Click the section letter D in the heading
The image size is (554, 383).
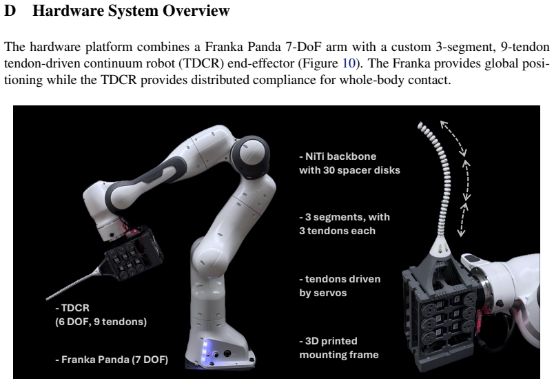(10, 10)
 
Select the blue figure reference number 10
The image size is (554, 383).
(349, 63)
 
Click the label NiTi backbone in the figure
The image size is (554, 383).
(338, 156)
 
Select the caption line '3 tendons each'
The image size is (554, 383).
(338, 231)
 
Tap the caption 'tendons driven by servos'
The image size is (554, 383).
(340, 286)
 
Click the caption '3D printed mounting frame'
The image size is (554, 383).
(339, 348)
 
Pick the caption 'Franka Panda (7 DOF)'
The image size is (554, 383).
(112, 360)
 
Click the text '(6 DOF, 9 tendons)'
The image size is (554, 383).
(101, 322)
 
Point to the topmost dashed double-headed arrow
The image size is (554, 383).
(453, 138)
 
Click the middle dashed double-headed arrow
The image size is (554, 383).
(466, 180)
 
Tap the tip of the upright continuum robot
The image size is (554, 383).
(420, 125)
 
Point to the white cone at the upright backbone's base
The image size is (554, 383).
(440, 245)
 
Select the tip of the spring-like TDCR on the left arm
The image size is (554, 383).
(48, 299)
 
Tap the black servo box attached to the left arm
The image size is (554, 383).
(134, 254)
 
